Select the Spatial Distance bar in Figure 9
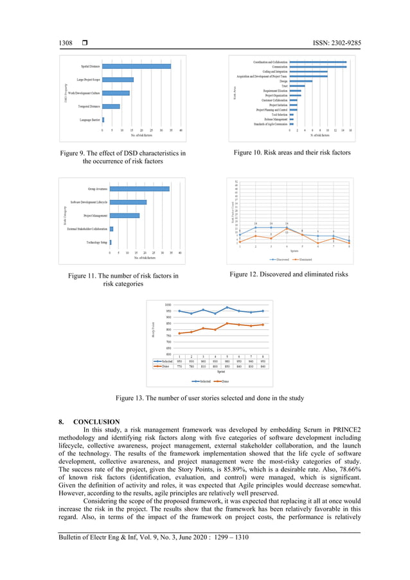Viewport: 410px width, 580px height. point(136,66)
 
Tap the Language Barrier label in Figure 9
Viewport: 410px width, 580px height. point(89,120)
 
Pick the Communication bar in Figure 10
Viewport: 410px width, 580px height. point(317,66)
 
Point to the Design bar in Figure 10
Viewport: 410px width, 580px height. point(301,81)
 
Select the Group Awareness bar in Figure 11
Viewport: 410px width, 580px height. point(139,189)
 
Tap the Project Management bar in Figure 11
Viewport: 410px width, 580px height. point(125,215)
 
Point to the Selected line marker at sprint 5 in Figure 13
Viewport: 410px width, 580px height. point(227,307)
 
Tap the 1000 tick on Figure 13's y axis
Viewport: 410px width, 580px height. point(167,305)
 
